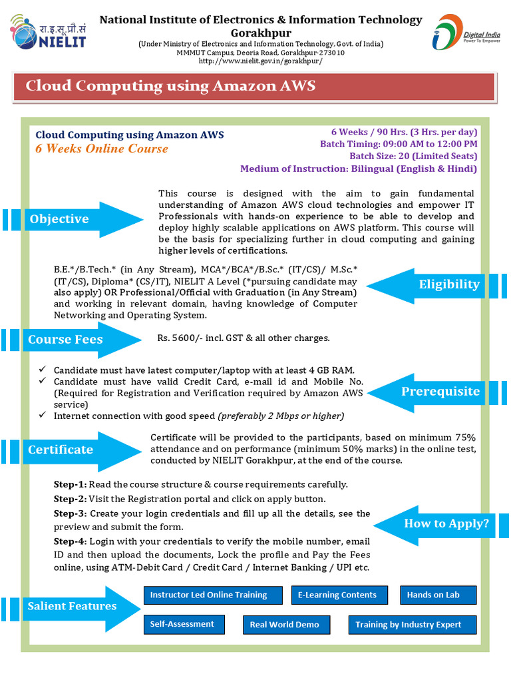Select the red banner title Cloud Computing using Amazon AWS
(170, 87)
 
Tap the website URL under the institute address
(261, 61)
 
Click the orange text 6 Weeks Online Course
(102, 149)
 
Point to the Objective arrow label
(59, 219)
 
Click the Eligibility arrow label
(448, 285)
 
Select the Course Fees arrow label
(65, 340)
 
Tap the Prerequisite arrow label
(440, 391)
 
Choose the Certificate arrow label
(61, 450)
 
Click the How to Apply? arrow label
(446, 523)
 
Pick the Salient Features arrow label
(72, 606)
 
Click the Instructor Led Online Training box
(208, 595)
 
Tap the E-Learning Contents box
(337, 595)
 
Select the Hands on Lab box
(432, 595)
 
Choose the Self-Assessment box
(182, 624)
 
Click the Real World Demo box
(284, 625)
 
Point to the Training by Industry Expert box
(413, 625)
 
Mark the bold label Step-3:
(70, 513)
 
